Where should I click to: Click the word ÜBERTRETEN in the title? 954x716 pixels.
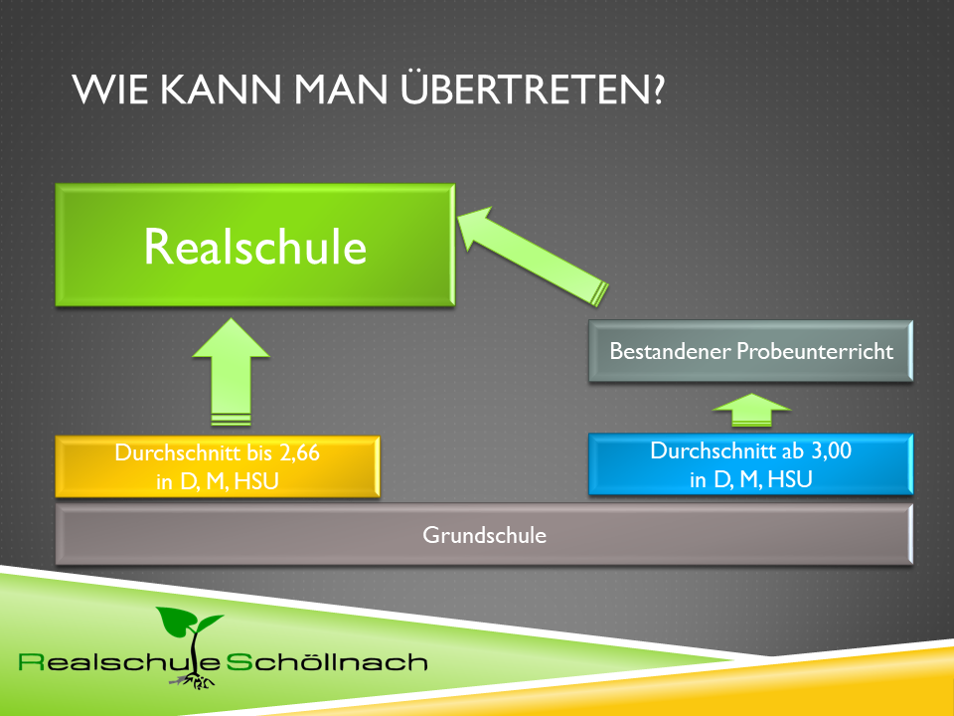(527, 88)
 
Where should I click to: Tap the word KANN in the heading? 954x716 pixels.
(221, 89)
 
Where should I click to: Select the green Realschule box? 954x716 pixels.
(255, 245)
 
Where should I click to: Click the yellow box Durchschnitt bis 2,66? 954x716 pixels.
(218, 467)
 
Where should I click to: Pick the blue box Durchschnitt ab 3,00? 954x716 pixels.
(751, 464)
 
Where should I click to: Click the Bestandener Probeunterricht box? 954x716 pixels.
(751, 351)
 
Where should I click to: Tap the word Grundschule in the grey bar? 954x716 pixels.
(484, 535)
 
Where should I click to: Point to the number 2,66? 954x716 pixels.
(299, 453)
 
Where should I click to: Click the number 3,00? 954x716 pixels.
(831, 451)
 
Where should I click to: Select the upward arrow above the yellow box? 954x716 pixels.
(231, 371)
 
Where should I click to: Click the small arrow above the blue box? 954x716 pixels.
(751, 410)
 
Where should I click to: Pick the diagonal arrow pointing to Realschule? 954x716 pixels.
(533, 257)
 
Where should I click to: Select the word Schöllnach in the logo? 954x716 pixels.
(327, 662)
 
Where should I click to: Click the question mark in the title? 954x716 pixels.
(658, 89)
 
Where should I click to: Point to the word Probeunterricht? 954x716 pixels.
(815, 351)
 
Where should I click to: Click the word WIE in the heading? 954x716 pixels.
(110, 89)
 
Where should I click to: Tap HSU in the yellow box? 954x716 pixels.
(256, 481)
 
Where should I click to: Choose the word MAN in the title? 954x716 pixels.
(341, 89)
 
